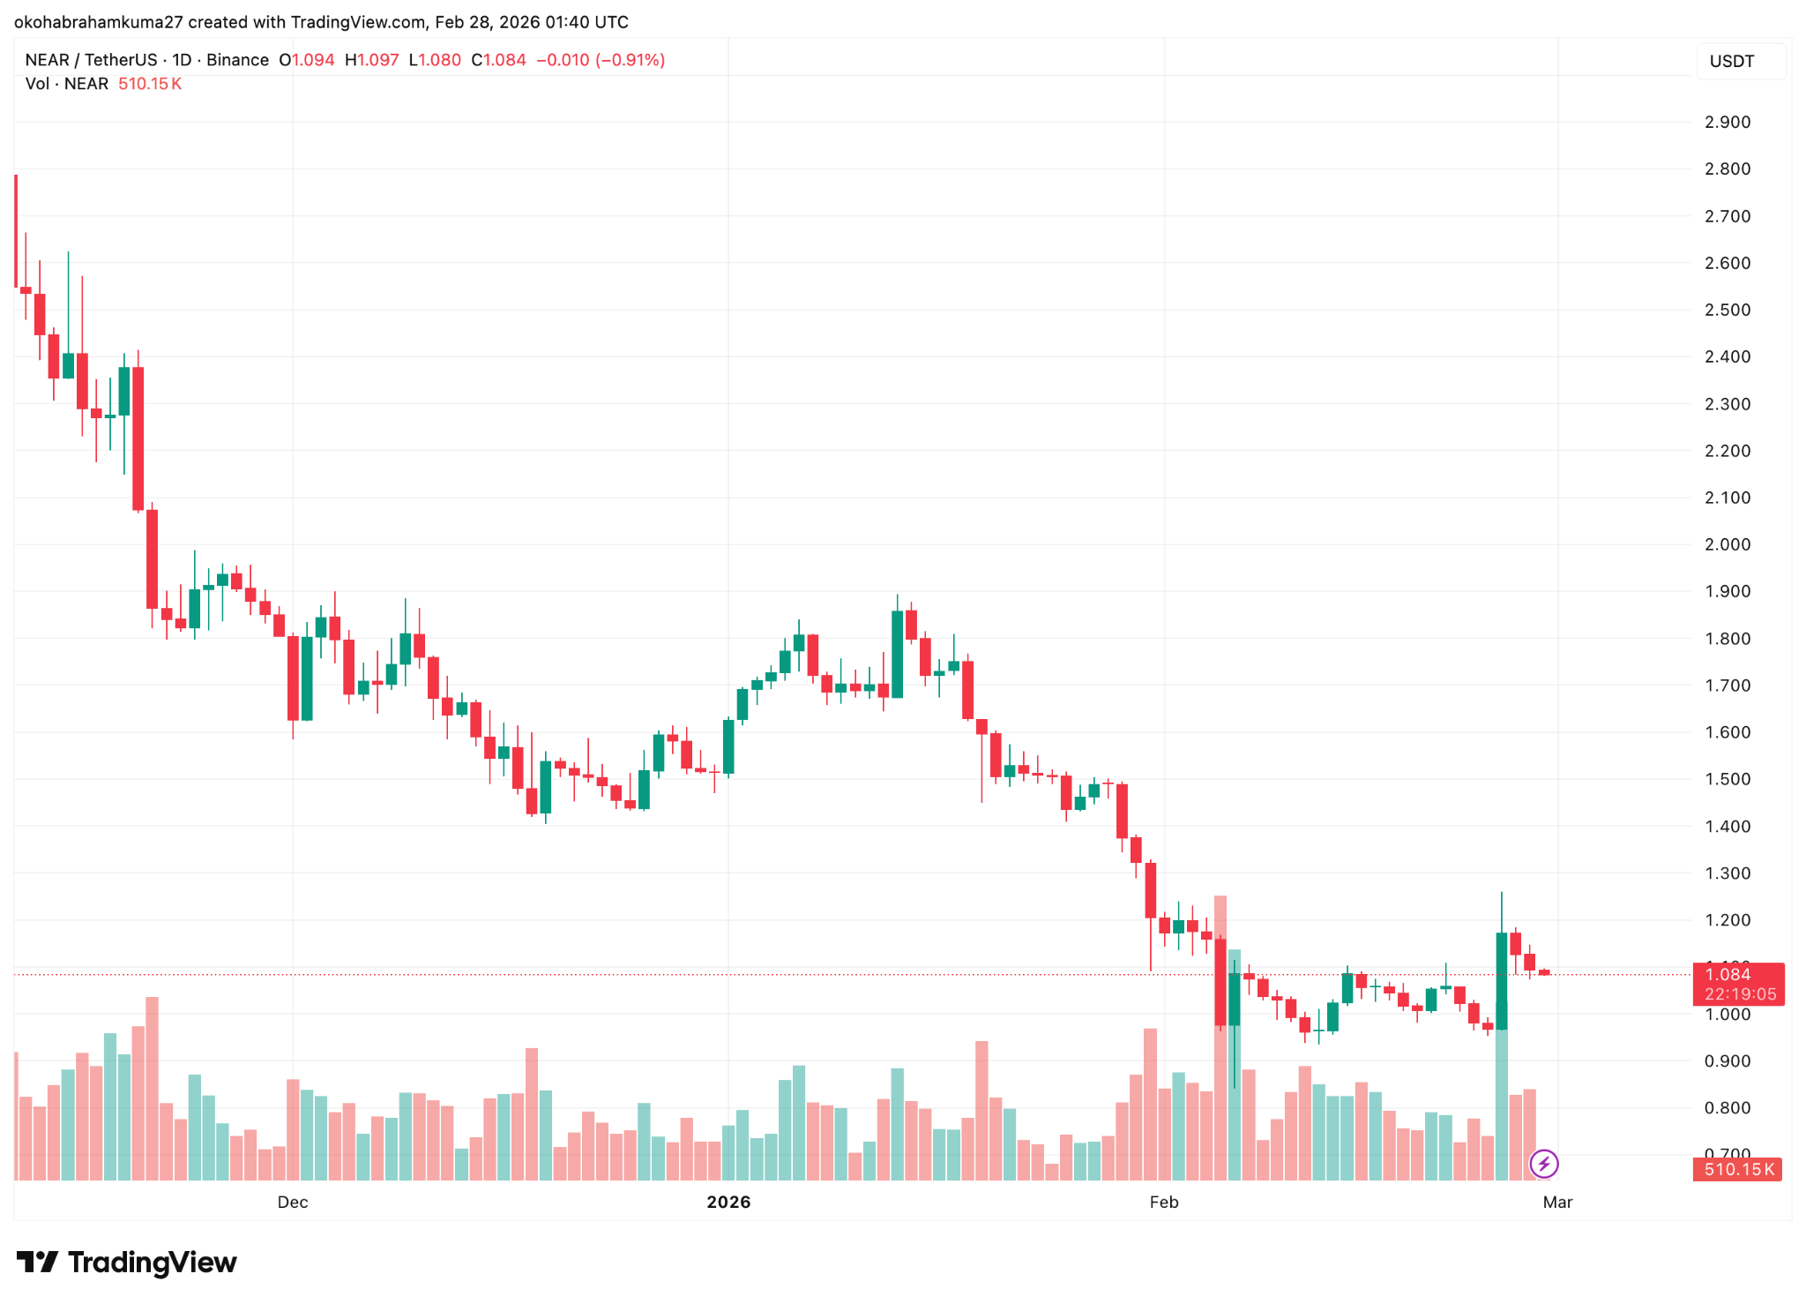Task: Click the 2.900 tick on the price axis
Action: [x=1727, y=122]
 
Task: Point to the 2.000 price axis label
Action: [x=1727, y=544]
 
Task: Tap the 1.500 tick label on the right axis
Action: [x=1727, y=779]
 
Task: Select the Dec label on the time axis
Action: [x=292, y=1202]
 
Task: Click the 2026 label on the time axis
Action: [x=728, y=1202]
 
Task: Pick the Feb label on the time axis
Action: [x=1163, y=1202]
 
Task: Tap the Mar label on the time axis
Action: [x=1557, y=1202]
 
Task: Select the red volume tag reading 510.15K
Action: [x=1737, y=1169]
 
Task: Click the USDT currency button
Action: [x=1731, y=61]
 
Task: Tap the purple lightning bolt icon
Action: [x=1543, y=1164]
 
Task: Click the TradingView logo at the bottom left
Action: [x=126, y=1263]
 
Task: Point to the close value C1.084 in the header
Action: [x=498, y=60]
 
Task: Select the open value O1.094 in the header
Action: [x=307, y=60]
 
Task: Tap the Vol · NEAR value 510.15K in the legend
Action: [x=150, y=84]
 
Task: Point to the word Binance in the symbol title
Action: [x=237, y=60]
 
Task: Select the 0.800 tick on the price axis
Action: [x=1727, y=1108]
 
